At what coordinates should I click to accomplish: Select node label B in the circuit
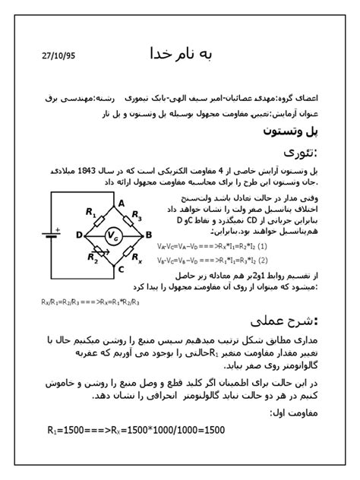pos(149,235)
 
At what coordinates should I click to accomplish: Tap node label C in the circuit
pos(120,268)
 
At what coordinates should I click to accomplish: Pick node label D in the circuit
pos(78,235)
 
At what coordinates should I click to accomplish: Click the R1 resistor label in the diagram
pos(92,211)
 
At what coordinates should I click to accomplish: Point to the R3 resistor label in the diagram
pos(137,216)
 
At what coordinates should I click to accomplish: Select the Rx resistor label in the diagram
pos(137,258)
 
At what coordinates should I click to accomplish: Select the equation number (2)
pos(265,260)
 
